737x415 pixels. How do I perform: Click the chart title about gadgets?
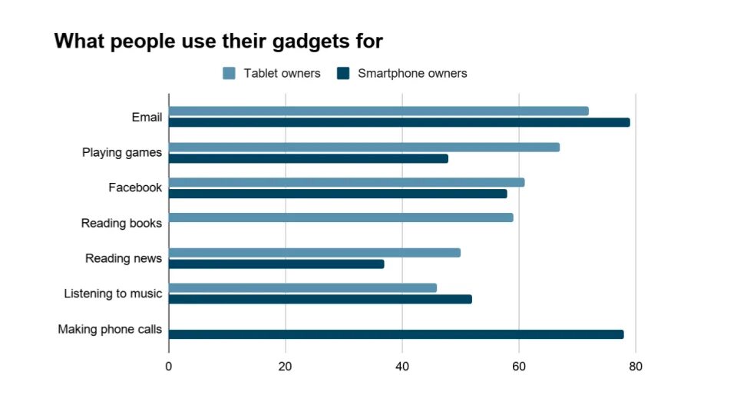click(218, 41)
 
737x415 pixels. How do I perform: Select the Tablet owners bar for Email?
click(378, 111)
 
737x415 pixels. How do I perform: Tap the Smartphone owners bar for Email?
click(399, 122)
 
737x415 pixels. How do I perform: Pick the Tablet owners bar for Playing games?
click(364, 147)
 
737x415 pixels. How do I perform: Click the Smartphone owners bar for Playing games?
click(309, 158)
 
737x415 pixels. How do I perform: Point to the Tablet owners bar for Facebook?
click(346, 182)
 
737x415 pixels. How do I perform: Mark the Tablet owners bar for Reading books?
click(341, 217)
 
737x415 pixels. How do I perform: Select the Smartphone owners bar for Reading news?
click(276, 264)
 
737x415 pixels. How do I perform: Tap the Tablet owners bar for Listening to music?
click(302, 287)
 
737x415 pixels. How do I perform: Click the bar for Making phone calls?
click(396, 334)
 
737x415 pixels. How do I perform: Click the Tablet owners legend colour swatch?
click(229, 74)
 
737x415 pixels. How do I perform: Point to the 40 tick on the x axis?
click(402, 367)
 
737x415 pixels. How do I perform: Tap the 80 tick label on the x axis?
click(636, 367)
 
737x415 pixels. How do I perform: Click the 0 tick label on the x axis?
click(169, 367)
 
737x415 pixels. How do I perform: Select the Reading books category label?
click(121, 224)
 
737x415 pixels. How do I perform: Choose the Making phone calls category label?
click(110, 330)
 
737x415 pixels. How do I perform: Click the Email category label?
click(147, 118)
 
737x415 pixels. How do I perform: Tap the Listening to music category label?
click(113, 294)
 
